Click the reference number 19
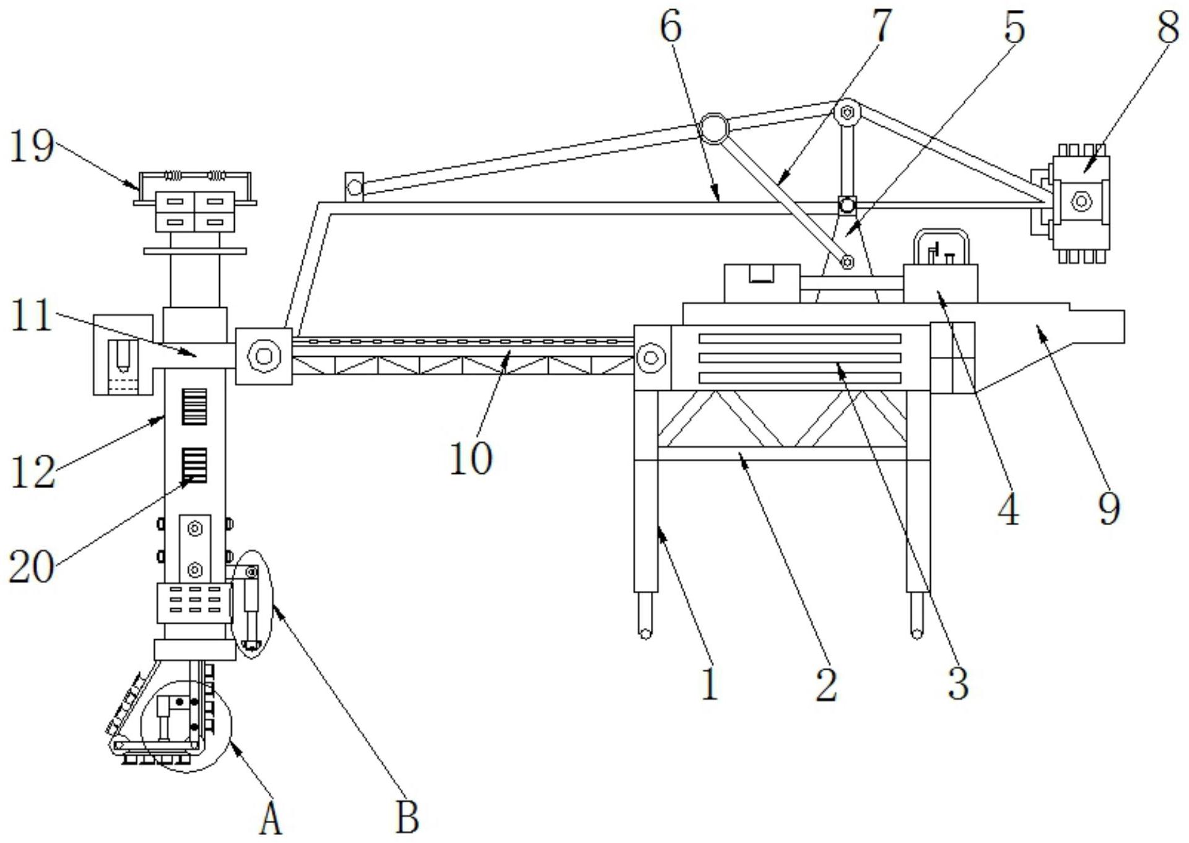click(x=32, y=147)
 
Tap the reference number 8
click(x=1168, y=28)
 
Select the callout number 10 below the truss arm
click(x=471, y=459)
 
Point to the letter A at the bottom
click(x=271, y=819)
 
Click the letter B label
click(x=407, y=818)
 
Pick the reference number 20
click(x=31, y=566)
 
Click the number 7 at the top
click(x=881, y=26)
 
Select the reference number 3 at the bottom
click(x=958, y=684)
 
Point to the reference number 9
click(x=1109, y=509)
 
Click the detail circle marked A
click(x=186, y=726)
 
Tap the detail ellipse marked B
click(x=251, y=603)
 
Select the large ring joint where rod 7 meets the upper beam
click(x=715, y=128)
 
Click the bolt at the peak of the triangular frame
click(x=847, y=113)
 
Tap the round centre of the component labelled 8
click(x=1081, y=201)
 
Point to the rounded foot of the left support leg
click(x=645, y=632)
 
